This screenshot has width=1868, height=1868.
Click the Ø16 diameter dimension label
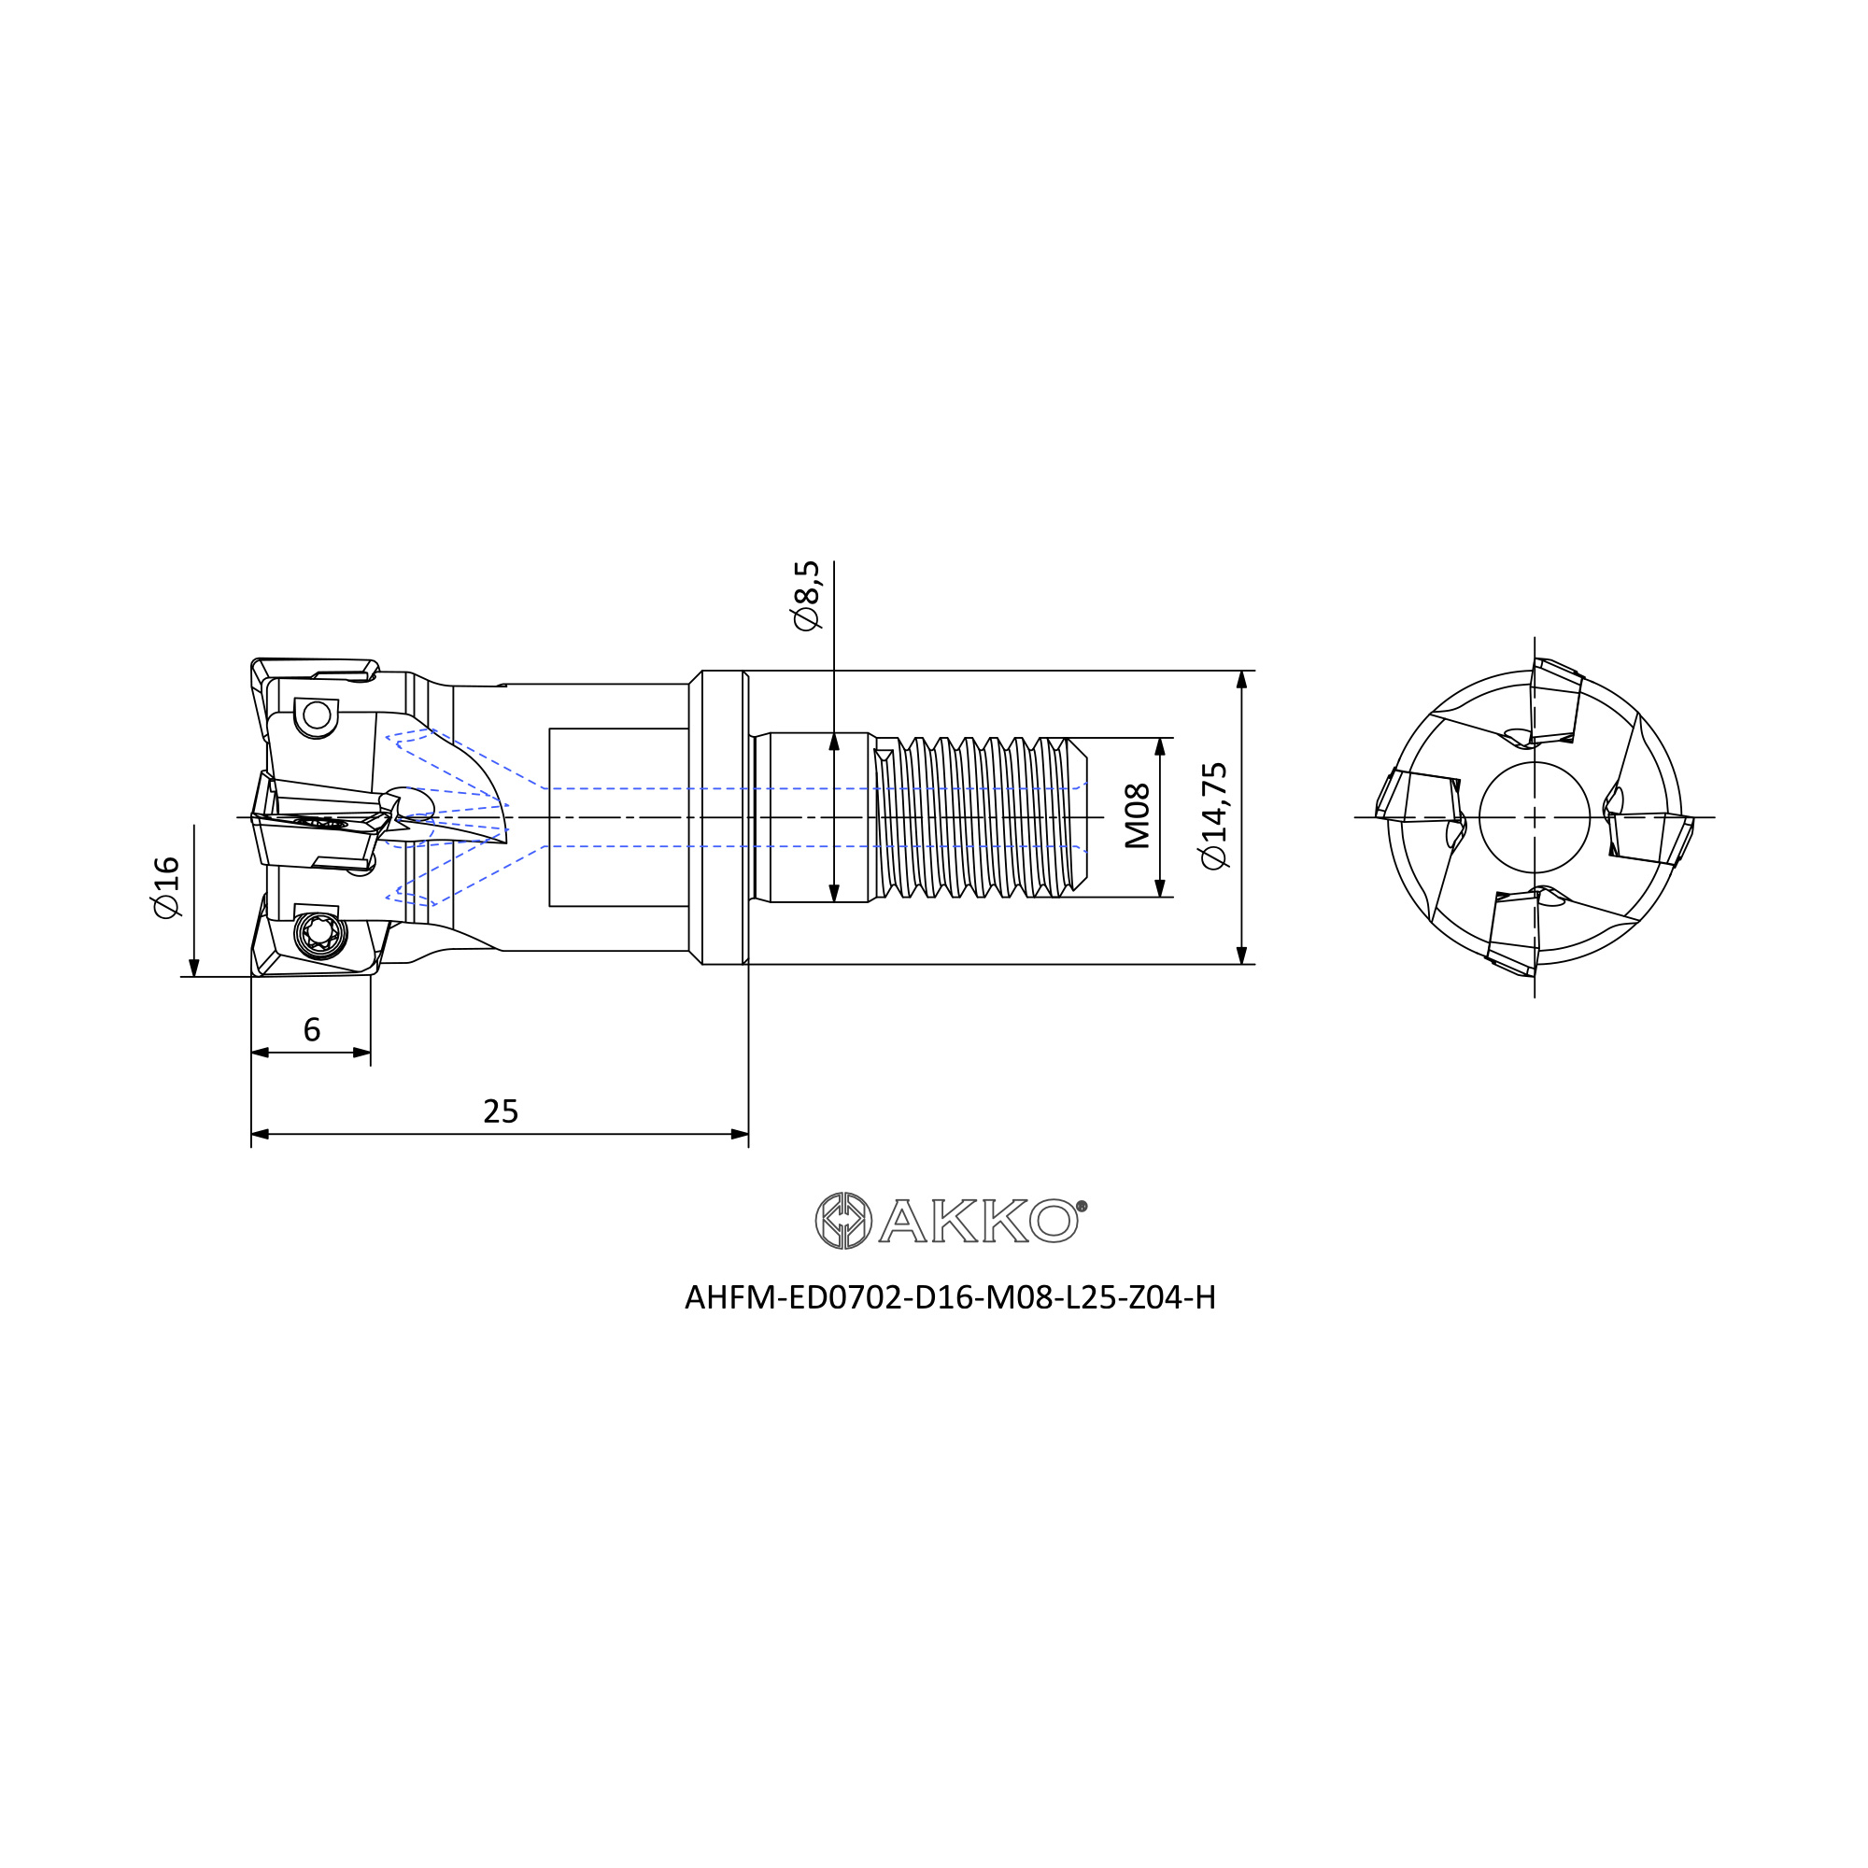(166, 886)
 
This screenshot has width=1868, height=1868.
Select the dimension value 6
(311, 1029)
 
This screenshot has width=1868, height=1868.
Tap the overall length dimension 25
(501, 1111)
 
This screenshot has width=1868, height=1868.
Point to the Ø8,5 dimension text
(806, 595)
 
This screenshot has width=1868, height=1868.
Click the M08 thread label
(1138, 816)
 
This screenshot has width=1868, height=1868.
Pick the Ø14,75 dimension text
(1213, 816)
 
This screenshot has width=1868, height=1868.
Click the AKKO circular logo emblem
(843, 1220)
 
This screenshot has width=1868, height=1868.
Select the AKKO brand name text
(979, 1220)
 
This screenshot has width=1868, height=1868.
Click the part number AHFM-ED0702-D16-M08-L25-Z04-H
(950, 1297)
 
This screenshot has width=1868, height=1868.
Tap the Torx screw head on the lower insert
(320, 933)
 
